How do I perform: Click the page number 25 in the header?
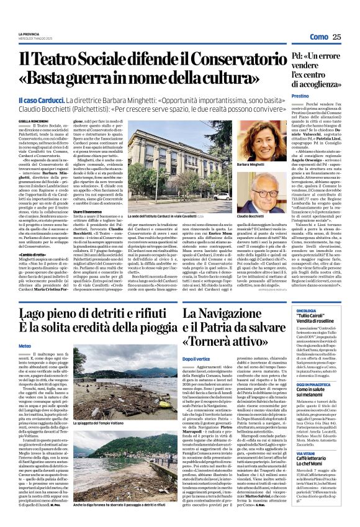337,37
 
